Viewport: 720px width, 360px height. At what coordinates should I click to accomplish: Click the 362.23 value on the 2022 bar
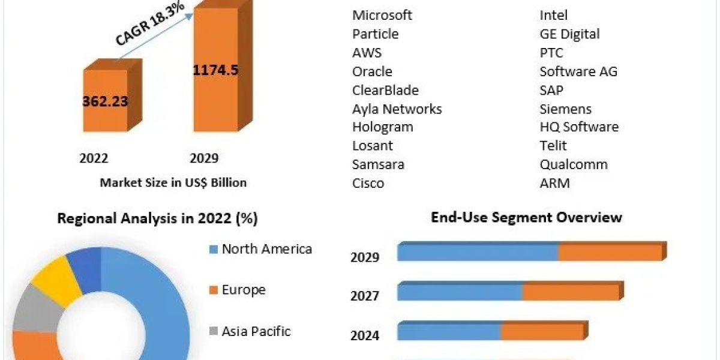point(105,101)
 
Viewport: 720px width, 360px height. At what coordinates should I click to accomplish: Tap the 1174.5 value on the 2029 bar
point(215,70)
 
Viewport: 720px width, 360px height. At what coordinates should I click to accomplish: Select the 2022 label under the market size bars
point(94,158)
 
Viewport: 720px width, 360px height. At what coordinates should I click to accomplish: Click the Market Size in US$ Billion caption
point(173,182)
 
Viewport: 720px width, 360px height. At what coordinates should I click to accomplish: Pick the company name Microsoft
point(382,15)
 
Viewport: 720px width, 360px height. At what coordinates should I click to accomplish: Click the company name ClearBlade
point(385,90)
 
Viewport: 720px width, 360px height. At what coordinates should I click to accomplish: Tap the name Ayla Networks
point(397,109)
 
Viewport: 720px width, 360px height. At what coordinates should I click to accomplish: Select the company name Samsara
point(378,164)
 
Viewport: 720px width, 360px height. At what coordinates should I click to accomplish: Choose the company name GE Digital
point(569,34)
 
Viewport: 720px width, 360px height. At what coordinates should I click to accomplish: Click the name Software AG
point(578,71)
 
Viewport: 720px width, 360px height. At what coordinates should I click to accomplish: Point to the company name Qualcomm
point(573,164)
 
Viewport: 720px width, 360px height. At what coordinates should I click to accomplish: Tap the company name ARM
point(554,183)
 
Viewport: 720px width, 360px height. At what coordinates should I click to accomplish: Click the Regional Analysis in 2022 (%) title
point(157,219)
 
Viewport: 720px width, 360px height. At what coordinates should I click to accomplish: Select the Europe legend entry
point(243,290)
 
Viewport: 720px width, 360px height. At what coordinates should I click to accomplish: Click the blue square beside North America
point(213,250)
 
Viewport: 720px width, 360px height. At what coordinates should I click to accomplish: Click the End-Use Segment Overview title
point(526,217)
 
